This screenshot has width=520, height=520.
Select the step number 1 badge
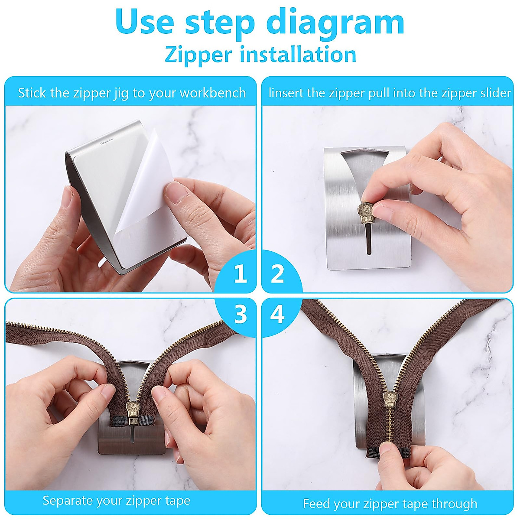240,274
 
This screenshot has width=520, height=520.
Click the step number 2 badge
277,274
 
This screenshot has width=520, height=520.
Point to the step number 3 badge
240,314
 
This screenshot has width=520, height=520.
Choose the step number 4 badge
277,314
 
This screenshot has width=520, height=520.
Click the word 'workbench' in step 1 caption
212,93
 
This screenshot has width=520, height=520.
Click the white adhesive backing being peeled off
147,182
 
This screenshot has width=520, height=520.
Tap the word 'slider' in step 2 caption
494,93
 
